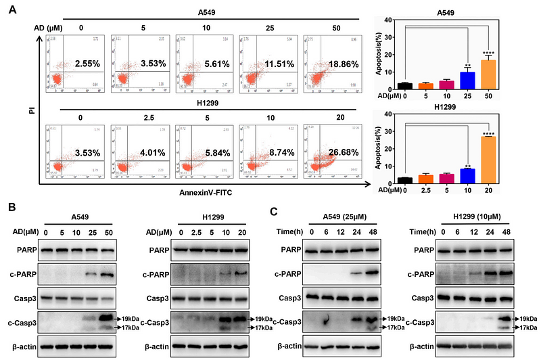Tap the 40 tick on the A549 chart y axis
[388, 20]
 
